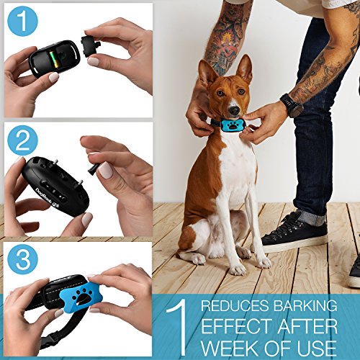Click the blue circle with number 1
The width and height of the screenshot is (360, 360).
click(22, 22)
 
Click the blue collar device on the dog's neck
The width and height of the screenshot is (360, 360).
click(234, 125)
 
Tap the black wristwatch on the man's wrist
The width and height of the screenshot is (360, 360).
click(292, 105)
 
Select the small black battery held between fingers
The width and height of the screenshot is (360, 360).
click(90, 48)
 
